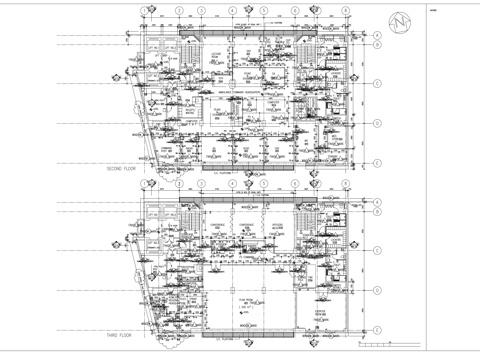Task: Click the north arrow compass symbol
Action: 403,21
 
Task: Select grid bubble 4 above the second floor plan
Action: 232,12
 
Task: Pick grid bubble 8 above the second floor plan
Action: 344,12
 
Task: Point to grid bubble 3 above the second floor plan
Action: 202,12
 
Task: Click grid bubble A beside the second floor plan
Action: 378,36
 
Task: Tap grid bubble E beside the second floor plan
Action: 378,156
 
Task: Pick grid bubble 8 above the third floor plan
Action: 344,184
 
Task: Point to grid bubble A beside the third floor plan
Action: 378,204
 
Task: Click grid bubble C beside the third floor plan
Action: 378,252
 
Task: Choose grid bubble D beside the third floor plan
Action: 378,291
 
